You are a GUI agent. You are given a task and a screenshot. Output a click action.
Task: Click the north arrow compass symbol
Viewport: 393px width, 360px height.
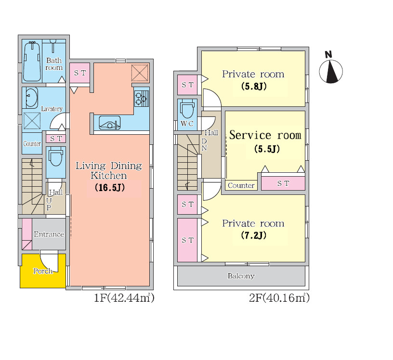pos(331,71)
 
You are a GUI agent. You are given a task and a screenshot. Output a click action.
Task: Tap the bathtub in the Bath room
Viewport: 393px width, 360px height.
pos(32,61)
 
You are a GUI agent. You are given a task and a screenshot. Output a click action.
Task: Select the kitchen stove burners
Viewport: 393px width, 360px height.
pos(141,99)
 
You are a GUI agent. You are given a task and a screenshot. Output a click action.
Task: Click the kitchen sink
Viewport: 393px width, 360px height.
pos(109,123)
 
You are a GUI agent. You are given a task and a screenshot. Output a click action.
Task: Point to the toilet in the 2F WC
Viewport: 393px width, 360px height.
pos(187,109)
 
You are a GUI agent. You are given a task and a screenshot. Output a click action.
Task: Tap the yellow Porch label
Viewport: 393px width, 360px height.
pos(43,271)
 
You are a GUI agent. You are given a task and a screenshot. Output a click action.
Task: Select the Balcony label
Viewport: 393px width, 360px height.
pos(241,276)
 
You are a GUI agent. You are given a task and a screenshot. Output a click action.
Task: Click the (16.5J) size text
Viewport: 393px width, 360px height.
pos(110,187)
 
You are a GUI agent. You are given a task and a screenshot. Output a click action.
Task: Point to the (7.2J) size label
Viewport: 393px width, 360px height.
pos(254,235)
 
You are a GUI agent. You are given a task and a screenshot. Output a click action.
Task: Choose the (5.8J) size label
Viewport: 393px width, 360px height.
pos(254,86)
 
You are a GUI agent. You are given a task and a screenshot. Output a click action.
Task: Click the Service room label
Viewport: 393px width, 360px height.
pos(265,135)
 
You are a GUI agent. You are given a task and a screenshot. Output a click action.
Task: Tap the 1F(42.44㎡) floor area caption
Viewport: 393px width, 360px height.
pos(124,297)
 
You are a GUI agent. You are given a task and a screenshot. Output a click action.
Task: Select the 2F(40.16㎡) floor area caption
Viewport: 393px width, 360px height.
pos(279,297)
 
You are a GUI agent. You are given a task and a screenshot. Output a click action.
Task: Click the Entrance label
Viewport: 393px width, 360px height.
pos(49,234)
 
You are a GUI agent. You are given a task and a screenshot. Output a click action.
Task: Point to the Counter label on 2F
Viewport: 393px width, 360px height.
pos(241,185)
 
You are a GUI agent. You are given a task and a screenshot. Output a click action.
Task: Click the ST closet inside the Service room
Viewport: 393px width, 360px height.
pos(283,183)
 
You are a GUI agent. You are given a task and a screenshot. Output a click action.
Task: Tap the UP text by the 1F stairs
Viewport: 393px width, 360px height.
pos(49,204)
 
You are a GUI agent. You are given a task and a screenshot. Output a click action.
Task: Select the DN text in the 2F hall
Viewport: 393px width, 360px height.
pos(204,145)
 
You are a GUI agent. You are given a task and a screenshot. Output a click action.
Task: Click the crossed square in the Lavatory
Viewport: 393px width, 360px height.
pos(32,120)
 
